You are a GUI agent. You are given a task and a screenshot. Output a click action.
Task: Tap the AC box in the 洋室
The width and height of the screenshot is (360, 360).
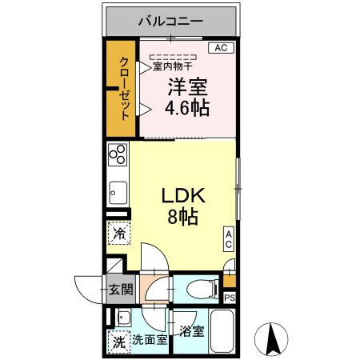(222, 48)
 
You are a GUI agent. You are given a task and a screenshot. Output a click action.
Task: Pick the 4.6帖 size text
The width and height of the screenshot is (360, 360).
(189, 108)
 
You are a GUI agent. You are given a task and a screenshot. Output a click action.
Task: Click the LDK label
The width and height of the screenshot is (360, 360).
(185, 195)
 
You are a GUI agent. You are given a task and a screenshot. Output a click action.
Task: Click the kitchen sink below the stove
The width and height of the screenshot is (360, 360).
(118, 193)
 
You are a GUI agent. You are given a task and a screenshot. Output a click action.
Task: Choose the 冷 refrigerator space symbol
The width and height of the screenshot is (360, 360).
(118, 234)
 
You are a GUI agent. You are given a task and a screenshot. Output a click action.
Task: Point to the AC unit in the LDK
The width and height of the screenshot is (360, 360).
(229, 238)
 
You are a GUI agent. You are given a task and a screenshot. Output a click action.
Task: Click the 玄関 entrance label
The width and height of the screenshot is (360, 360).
(121, 290)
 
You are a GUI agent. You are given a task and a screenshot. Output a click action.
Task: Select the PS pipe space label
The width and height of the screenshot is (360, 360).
(230, 298)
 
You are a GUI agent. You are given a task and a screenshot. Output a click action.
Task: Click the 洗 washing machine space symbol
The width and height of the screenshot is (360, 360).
(118, 342)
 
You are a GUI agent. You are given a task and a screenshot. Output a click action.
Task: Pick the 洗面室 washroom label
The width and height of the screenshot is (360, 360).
(150, 339)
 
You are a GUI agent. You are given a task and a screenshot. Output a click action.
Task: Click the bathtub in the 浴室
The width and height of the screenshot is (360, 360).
(223, 333)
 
